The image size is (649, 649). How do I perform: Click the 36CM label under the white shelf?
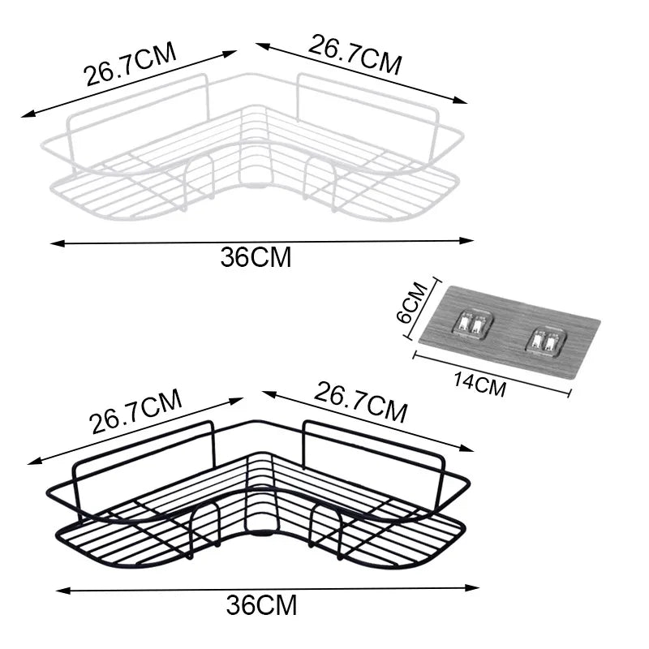tap(256, 257)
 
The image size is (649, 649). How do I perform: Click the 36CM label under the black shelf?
tap(261, 604)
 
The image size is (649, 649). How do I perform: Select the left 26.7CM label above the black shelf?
tap(136, 412)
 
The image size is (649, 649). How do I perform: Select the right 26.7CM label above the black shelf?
tap(360, 403)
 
